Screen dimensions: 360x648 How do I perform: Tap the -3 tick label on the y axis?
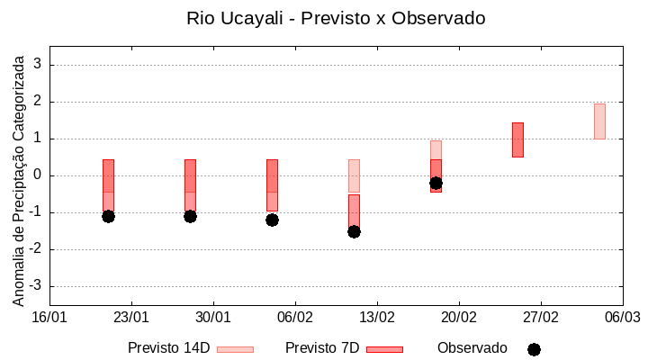(35, 286)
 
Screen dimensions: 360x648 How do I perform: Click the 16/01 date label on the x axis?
(49, 317)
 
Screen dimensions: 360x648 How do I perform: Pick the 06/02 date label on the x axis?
(294, 317)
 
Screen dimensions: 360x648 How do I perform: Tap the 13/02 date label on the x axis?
(376, 317)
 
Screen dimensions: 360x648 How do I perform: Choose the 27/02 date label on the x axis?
(540, 317)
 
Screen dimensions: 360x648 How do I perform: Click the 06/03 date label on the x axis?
(622, 317)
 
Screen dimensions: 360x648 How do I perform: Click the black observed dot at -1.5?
(354, 231)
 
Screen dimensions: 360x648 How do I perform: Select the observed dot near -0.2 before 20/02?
(436, 183)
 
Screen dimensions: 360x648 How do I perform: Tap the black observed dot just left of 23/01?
(108, 216)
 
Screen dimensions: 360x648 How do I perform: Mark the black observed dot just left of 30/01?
(190, 216)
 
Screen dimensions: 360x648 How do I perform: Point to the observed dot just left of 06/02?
(272, 220)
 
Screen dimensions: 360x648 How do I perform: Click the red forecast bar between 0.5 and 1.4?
(517, 139)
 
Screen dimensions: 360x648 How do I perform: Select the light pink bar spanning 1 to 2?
(599, 121)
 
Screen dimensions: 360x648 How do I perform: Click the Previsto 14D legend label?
(168, 348)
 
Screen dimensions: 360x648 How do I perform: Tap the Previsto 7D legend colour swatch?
(384, 349)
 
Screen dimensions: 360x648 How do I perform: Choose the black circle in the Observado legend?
(534, 349)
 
